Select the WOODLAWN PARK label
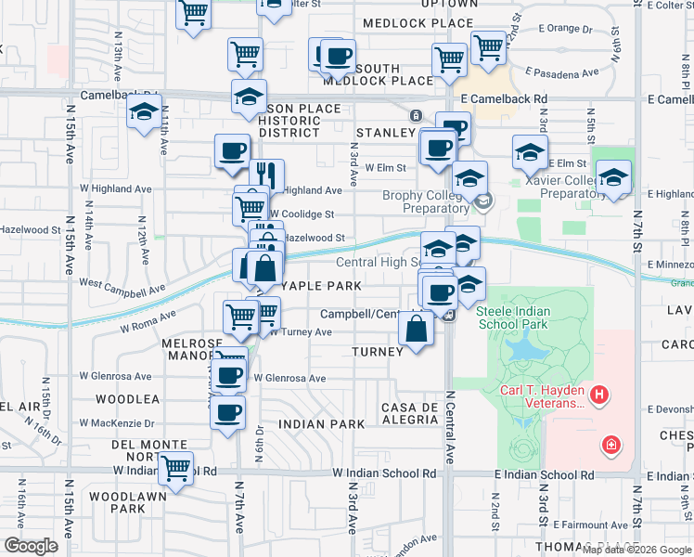tap(116, 502)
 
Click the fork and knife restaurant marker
tap(266, 174)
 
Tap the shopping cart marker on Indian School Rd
tap(174, 467)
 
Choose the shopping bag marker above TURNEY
tap(416, 328)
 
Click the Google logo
tap(31, 546)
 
